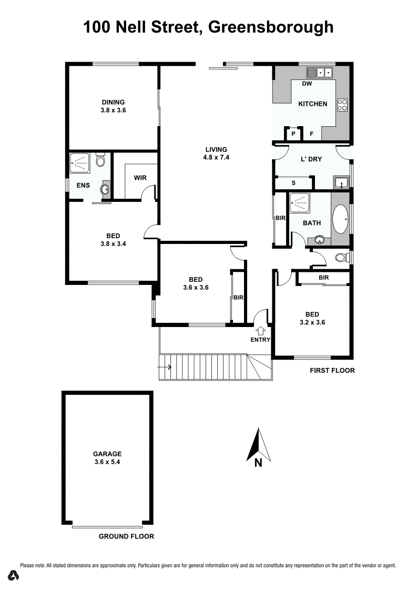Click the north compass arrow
[x=258, y=445]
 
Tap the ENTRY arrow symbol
[x=261, y=330]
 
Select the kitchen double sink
[x=321, y=73]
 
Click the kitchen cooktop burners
[x=342, y=105]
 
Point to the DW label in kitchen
[x=308, y=84]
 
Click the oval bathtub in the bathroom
[x=341, y=219]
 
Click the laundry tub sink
[x=342, y=183]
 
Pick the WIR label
[x=140, y=178]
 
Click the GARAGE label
[x=107, y=454]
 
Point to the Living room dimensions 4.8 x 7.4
[x=216, y=157]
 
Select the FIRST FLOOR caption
[x=332, y=370]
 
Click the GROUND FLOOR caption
[x=126, y=537]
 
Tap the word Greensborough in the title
[x=271, y=27]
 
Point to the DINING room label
[x=113, y=103]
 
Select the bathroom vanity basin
[x=319, y=240]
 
